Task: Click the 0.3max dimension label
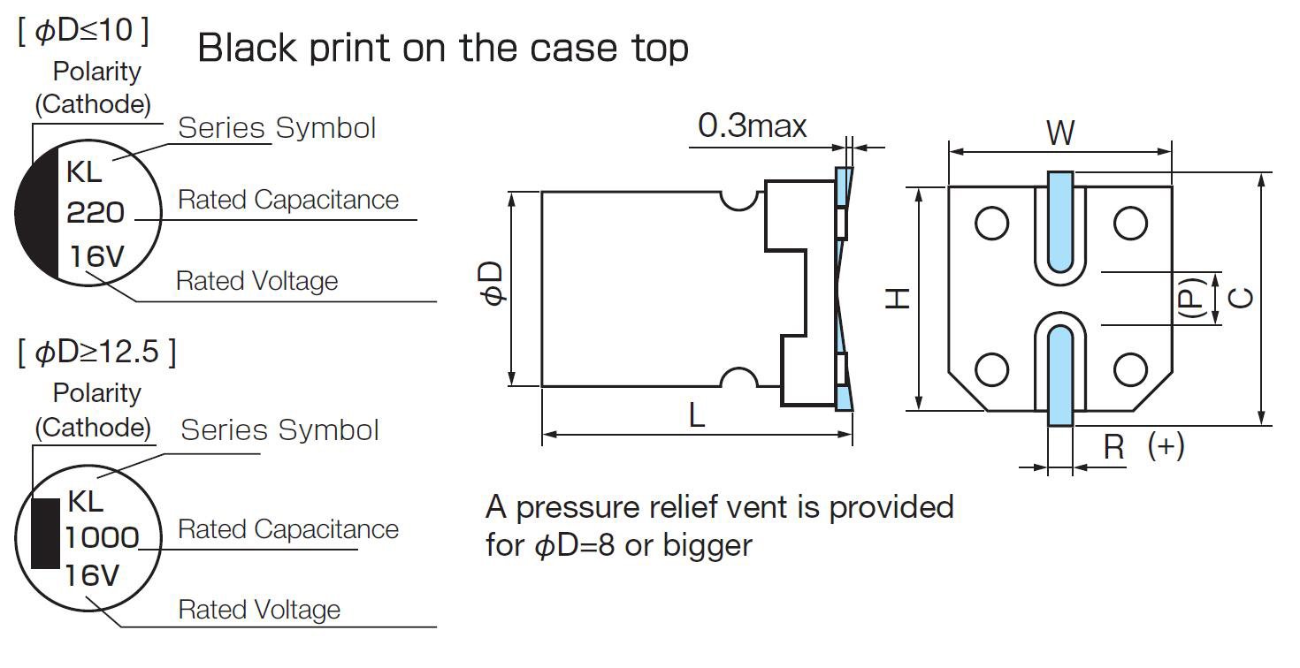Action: (752, 125)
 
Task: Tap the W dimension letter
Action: (1060, 133)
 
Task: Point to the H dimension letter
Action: (898, 299)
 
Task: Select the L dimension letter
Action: (697, 416)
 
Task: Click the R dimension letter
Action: (1113, 448)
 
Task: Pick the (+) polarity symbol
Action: (1166, 446)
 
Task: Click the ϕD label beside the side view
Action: (492, 284)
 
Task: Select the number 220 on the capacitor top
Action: (96, 212)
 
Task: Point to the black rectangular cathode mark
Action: (45, 534)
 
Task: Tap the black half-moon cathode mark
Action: (37, 213)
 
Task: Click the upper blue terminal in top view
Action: (1060, 222)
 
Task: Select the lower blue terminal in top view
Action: (1060, 376)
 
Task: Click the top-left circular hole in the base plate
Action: (992, 224)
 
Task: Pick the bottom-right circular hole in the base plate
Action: (1130, 369)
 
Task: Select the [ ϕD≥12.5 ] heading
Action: (97, 352)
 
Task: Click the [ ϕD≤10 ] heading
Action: (83, 30)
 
